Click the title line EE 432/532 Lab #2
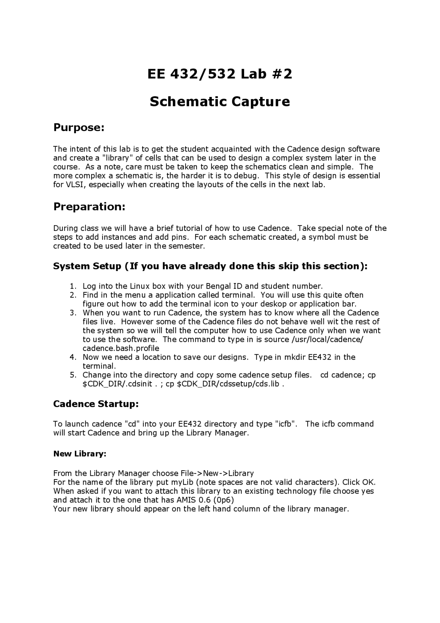click(220, 74)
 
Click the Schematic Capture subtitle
click(220, 101)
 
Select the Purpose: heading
click(79, 128)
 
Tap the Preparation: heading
click(89, 207)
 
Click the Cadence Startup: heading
click(96, 404)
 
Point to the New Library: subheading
click(80, 454)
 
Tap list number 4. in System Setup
click(73, 357)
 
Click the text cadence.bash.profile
click(121, 348)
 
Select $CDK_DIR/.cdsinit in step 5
click(117, 384)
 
